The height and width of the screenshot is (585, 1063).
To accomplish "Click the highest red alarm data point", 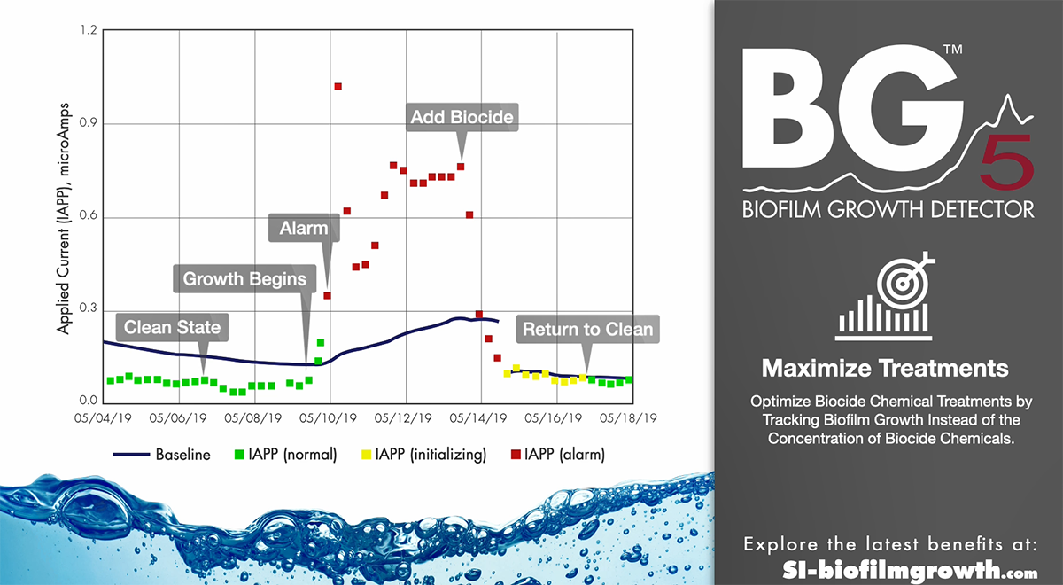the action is pyautogui.click(x=338, y=87).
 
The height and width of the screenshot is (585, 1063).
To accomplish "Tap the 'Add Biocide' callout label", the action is pyautogui.click(x=462, y=117).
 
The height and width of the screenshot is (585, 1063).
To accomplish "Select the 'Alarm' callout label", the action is pyautogui.click(x=304, y=228).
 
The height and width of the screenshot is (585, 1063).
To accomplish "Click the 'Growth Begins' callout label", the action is pyautogui.click(x=244, y=278).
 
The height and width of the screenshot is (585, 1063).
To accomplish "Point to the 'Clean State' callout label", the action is pyautogui.click(x=172, y=327).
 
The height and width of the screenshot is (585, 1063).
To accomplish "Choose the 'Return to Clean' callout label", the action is pyautogui.click(x=587, y=329).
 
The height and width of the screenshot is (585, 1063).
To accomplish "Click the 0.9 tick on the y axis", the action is pyautogui.click(x=88, y=123).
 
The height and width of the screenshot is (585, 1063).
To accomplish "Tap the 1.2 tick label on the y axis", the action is pyautogui.click(x=88, y=30).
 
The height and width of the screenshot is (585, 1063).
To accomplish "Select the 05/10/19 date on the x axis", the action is pyautogui.click(x=328, y=418).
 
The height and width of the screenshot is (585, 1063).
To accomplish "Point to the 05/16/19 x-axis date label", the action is pyautogui.click(x=553, y=418).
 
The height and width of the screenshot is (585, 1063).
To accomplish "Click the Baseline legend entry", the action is pyautogui.click(x=162, y=455).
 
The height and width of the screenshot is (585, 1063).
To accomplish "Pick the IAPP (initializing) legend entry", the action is pyautogui.click(x=424, y=455).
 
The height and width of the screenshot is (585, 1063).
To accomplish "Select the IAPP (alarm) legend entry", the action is pyautogui.click(x=558, y=455).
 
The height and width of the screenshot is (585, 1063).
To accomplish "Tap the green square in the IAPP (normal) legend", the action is pyautogui.click(x=240, y=455).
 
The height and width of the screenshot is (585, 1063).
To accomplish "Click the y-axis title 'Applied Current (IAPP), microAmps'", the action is pyautogui.click(x=63, y=219).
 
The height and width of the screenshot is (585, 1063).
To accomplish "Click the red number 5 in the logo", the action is pyautogui.click(x=1006, y=161).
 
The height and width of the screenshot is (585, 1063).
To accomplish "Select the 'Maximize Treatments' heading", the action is pyautogui.click(x=885, y=369).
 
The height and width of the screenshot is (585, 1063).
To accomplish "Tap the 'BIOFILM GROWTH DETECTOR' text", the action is pyautogui.click(x=888, y=209).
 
